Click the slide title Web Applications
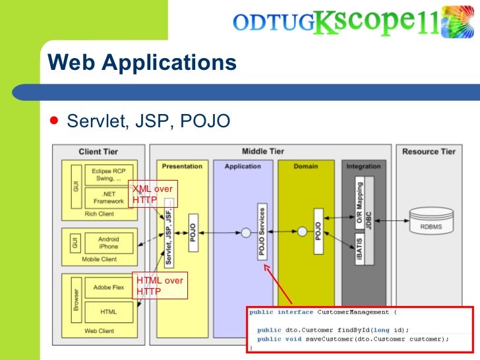click(x=142, y=63)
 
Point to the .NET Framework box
click(x=109, y=197)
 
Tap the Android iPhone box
click(x=108, y=243)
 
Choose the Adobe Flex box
click(x=109, y=287)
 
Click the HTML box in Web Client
click(x=109, y=311)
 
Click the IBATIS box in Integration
click(x=360, y=251)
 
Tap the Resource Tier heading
click(x=429, y=151)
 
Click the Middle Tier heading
click(x=263, y=151)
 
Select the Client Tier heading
click(x=99, y=151)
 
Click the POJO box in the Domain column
click(x=318, y=231)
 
